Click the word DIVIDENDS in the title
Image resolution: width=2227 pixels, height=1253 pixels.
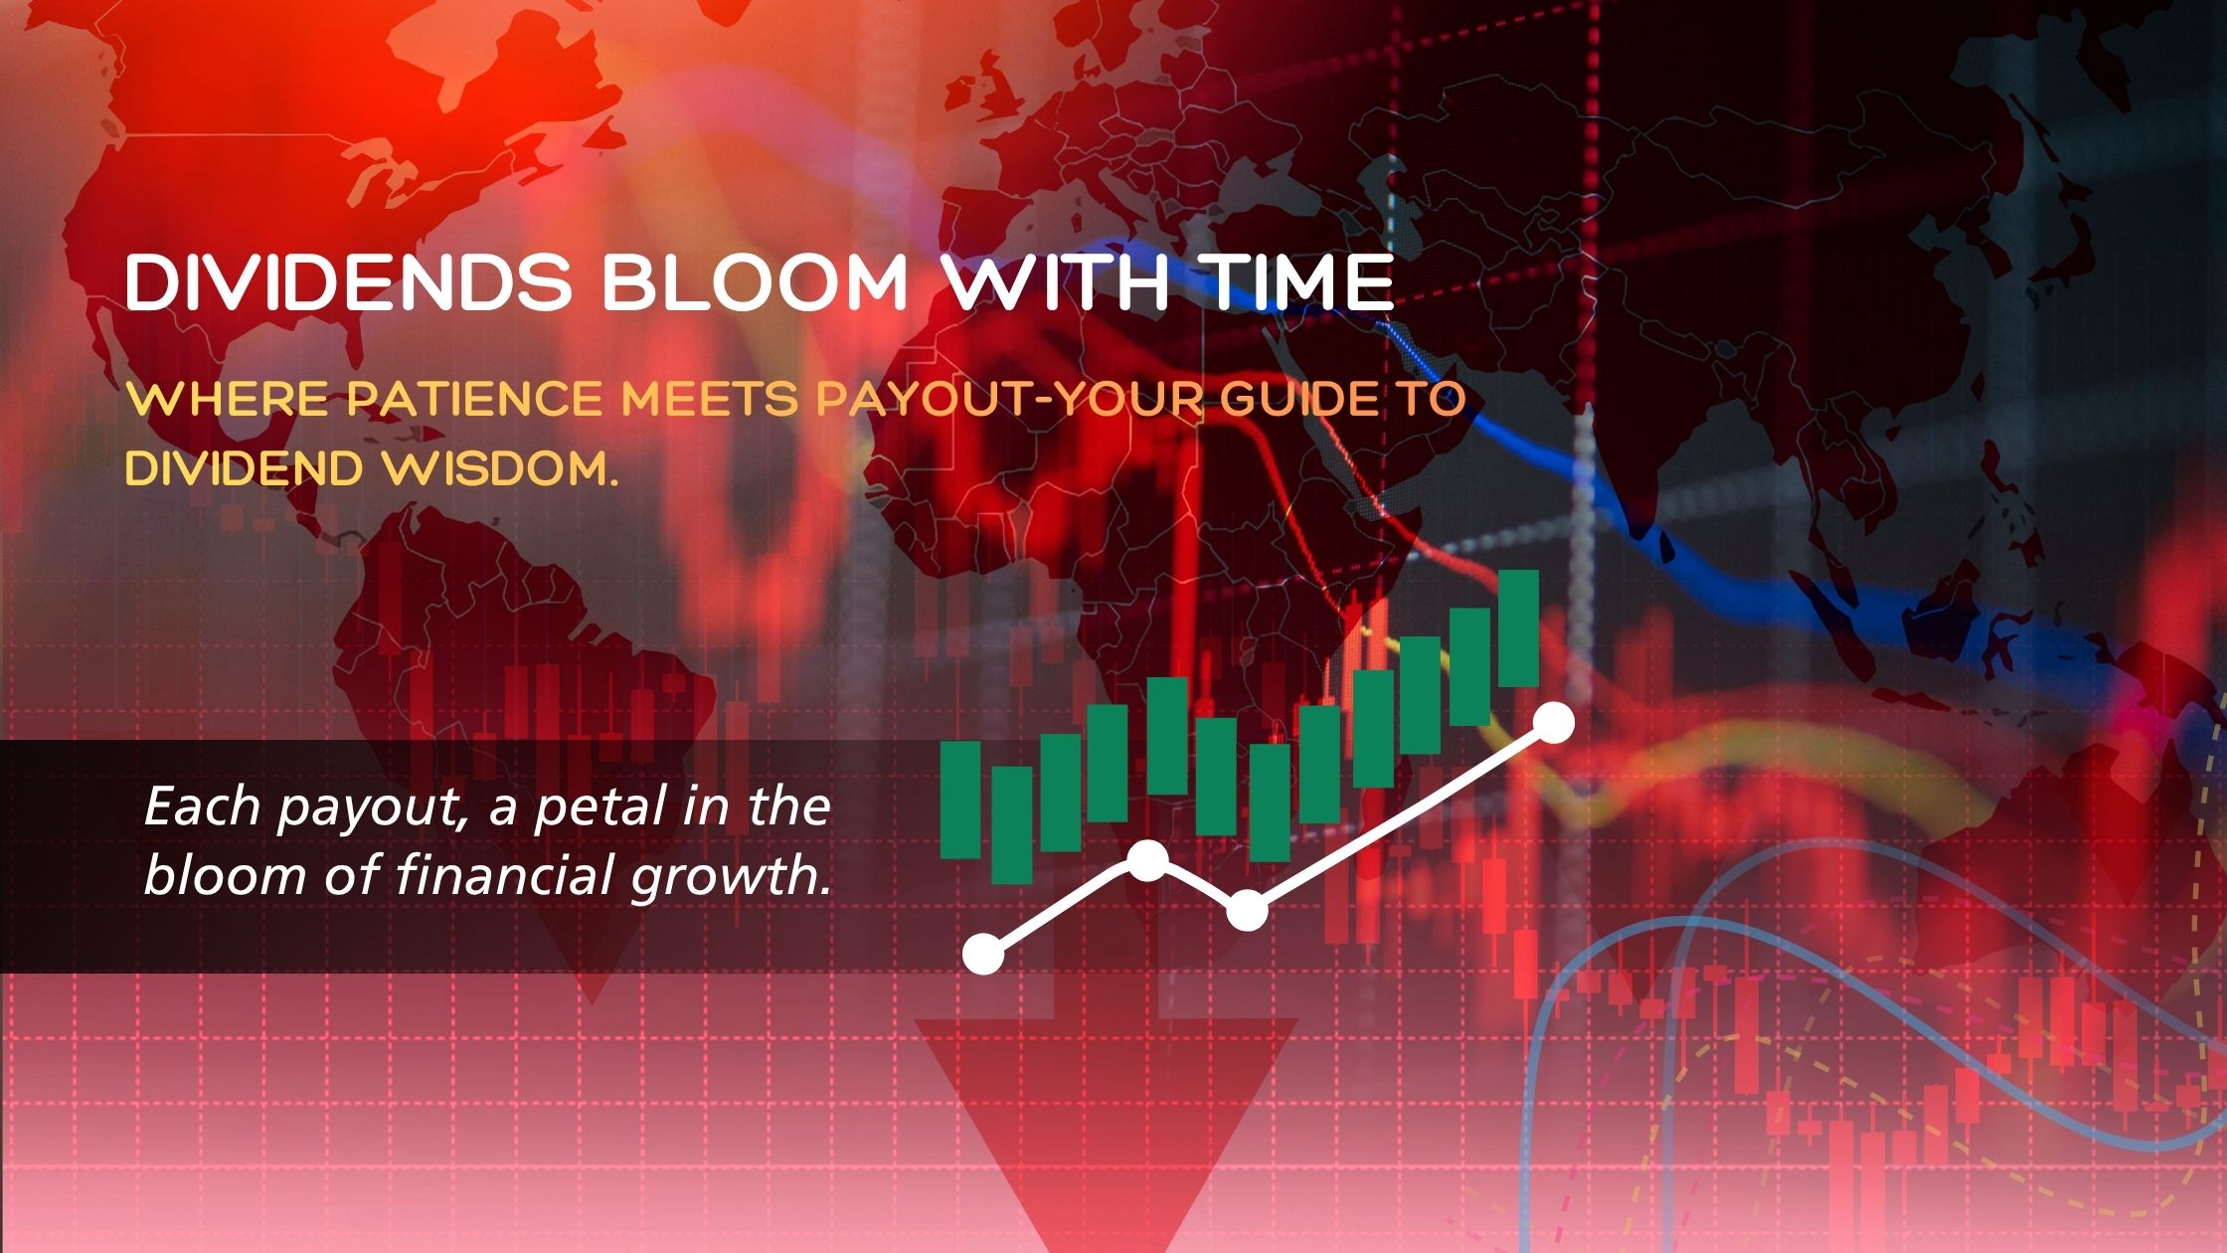(348, 283)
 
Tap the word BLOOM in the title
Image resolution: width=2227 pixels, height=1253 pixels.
(756, 283)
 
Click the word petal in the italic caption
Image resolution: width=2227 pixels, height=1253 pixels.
(601, 807)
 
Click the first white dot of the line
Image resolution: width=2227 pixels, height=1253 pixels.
(984, 955)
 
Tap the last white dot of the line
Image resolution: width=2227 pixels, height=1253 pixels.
(1555, 723)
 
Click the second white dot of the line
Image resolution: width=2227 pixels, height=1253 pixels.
(1148, 860)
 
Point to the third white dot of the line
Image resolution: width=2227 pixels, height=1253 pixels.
(1247, 910)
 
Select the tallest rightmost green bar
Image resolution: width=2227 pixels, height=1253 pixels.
(1518, 628)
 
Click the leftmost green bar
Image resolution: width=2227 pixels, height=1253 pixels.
(960, 800)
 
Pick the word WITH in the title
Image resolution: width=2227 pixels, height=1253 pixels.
(1054, 283)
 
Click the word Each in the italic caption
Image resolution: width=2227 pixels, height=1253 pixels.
(203, 807)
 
